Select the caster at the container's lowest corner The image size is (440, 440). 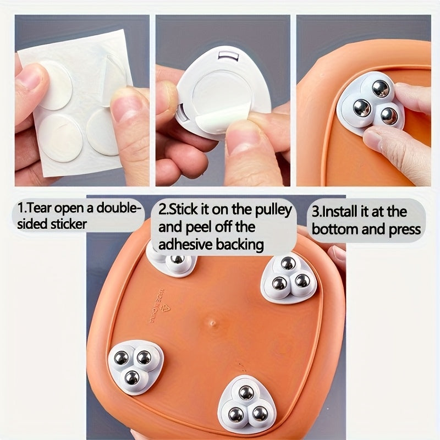[x=246, y=404]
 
